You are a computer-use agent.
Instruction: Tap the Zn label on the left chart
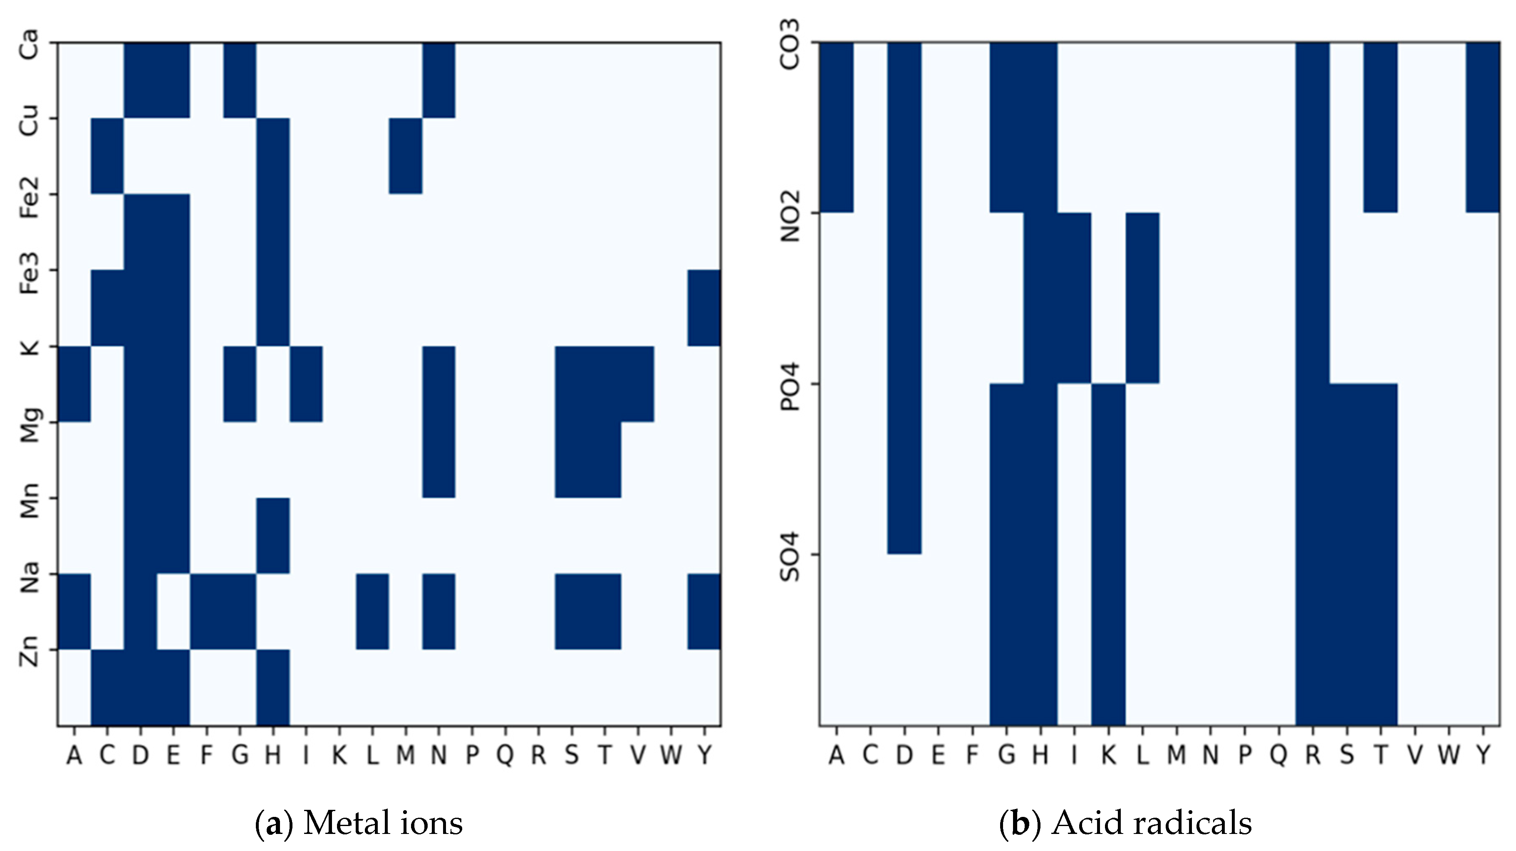(x=28, y=651)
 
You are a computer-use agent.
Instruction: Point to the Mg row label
(x=28, y=424)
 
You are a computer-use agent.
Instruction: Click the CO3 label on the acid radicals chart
(x=790, y=44)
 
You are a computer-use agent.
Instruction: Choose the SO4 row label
(x=790, y=556)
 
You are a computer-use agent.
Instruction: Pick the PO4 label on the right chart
(x=790, y=386)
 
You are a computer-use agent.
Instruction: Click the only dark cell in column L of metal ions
(x=372, y=611)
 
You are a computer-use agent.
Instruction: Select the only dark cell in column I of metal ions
(x=306, y=384)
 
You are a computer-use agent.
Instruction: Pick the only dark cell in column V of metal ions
(x=637, y=384)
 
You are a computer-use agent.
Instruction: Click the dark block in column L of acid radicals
(x=1142, y=298)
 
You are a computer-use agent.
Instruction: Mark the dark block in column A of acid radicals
(x=836, y=127)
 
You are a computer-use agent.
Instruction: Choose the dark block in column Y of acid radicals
(x=1482, y=127)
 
